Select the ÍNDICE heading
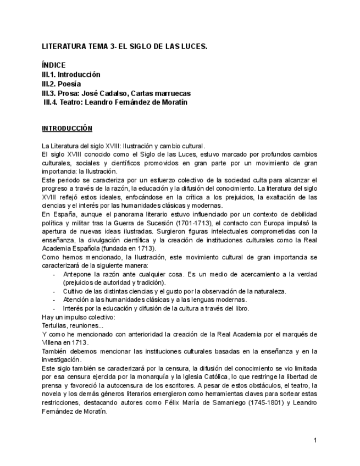54,65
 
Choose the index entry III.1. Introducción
71,74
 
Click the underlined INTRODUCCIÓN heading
67,129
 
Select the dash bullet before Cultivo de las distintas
53,291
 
